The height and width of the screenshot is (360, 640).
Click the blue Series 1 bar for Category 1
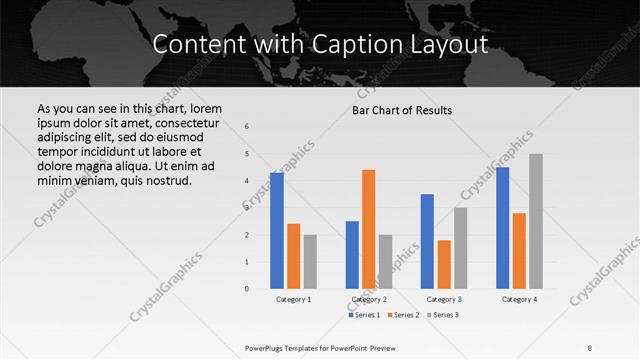pyautogui.click(x=277, y=231)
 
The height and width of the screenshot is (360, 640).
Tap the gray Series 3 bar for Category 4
pyautogui.click(x=536, y=221)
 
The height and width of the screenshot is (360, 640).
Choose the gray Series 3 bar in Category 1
pyautogui.click(x=310, y=262)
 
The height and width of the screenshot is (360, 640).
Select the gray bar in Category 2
pyautogui.click(x=385, y=262)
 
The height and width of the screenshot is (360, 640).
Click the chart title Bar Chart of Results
pyautogui.click(x=402, y=110)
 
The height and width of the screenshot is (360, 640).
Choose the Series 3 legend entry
pyautogui.click(x=444, y=315)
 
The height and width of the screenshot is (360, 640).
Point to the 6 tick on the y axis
pyautogui.click(x=247, y=126)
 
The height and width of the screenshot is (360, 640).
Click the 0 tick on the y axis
pyautogui.click(x=247, y=289)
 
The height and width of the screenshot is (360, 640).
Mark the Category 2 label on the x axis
pyautogui.click(x=369, y=299)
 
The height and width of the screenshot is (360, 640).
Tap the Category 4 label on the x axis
pyautogui.click(x=519, y=299)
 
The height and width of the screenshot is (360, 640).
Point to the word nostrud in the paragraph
pyautogui.click(x=163, y=180)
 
